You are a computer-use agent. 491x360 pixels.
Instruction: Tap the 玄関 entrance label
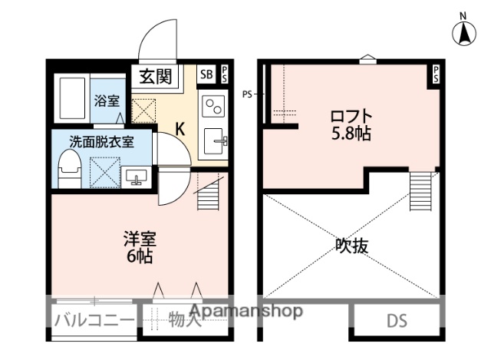(x=157, y=76)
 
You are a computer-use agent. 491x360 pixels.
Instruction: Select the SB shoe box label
(x=206, y=74)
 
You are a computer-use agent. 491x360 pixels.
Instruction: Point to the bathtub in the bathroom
(x=71, y=98)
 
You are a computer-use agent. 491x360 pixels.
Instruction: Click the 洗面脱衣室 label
(x=101, y=141)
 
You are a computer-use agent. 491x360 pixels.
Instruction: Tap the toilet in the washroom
(x=70, y=167)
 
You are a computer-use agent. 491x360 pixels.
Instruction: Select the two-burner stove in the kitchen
(x=212, y=104)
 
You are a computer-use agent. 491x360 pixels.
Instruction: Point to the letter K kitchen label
(x=180, y=128)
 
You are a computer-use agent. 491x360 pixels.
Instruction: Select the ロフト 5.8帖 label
(x=351, y=125)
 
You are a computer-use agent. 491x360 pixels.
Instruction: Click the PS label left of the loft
(x=247, y=94)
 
